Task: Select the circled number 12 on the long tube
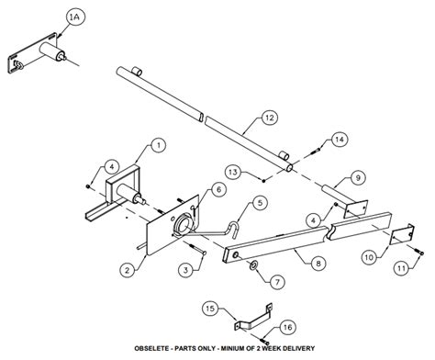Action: pyautogui.click(x=269, y=117)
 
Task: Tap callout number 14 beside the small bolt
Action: pyautogui.click(x=340, y=139)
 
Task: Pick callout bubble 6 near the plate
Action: pyautogui.click(x=219, y=189)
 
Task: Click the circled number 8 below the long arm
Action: pyautogui.click(x=318, y=264)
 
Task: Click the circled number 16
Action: pyautogui.click(x=287, y=327)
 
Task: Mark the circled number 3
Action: pyautogui.click(x=185, y=269)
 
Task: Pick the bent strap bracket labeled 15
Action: pyautogui.click(x=246, y=321)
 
